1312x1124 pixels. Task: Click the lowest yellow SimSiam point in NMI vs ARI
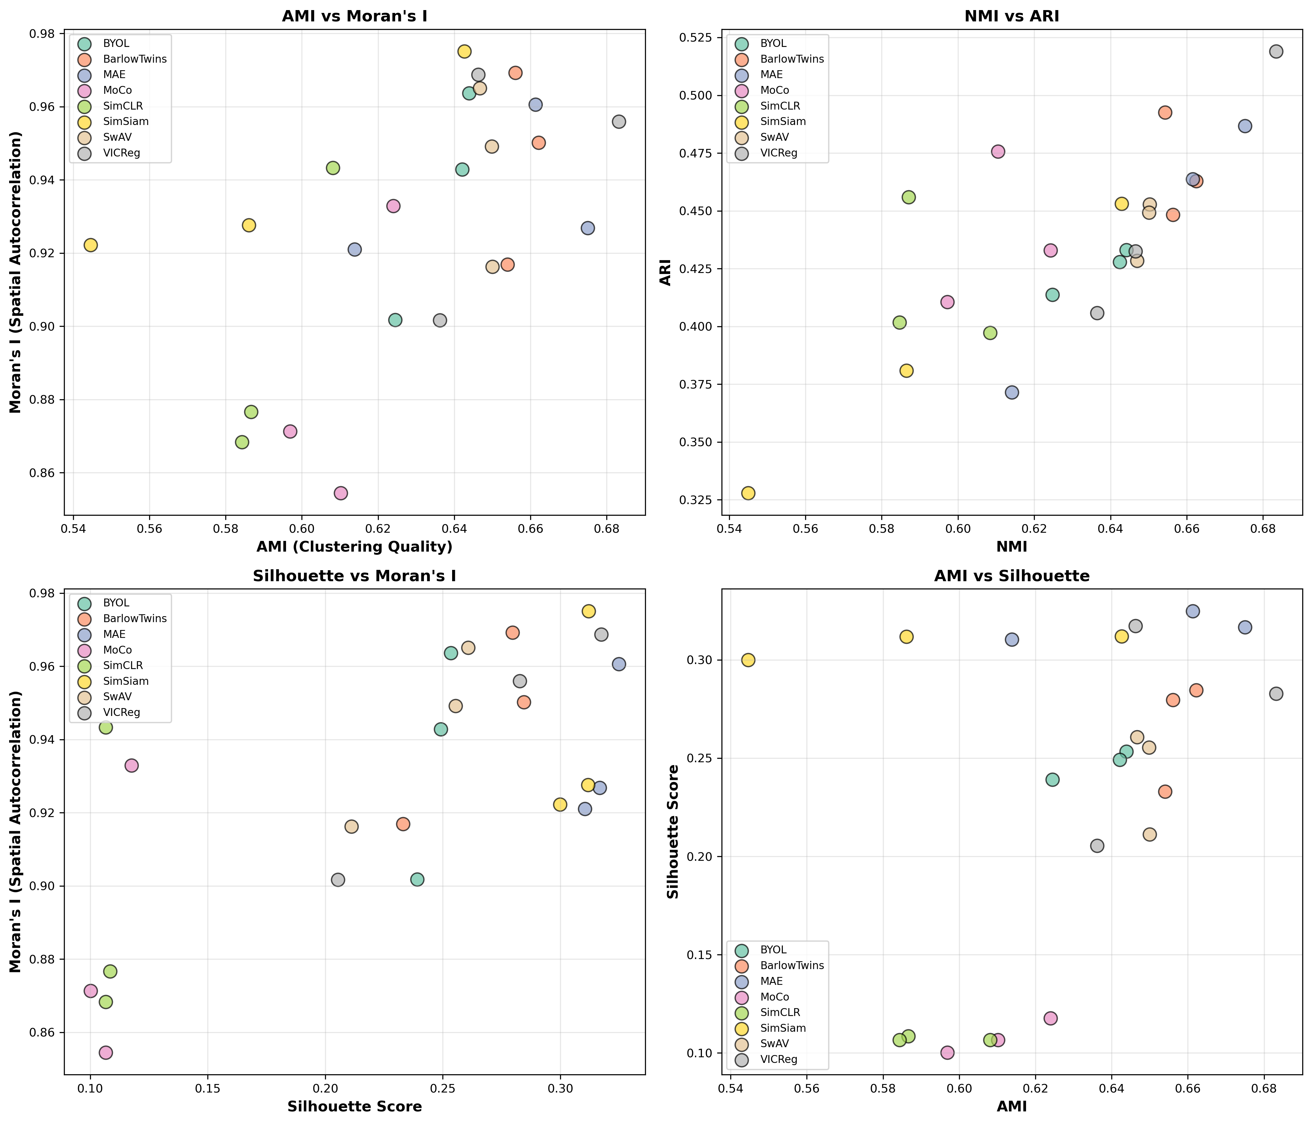coord(748,493)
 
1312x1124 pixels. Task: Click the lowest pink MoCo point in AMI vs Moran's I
coord(341,493)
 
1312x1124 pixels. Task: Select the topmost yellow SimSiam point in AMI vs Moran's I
coord(464,51)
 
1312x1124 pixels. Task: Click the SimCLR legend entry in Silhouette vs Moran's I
coord(123,665)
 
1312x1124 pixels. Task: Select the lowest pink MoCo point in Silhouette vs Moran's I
coord(106,1053)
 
